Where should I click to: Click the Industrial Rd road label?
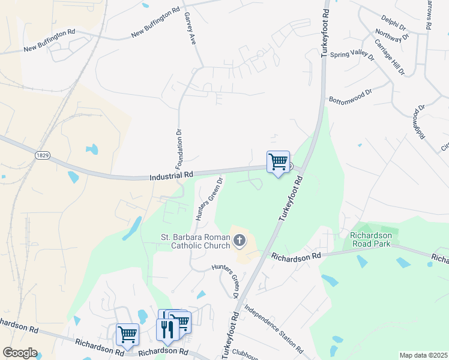(171, 176)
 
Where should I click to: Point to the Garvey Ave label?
(190, 28)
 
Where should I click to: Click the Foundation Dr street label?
(179, 148)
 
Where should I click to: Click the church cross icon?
(239, 241)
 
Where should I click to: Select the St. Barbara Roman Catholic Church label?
(195, 241)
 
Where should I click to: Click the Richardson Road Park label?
(370, 239)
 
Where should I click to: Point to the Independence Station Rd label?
(273, 329)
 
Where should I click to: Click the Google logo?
(20, 353)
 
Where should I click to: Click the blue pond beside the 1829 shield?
(92, 149)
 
